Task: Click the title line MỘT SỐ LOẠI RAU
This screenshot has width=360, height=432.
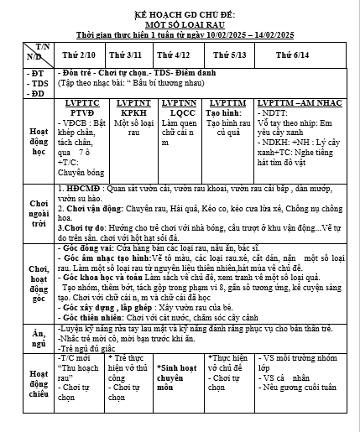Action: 180,26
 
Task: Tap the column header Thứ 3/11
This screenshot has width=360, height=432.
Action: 125,55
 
